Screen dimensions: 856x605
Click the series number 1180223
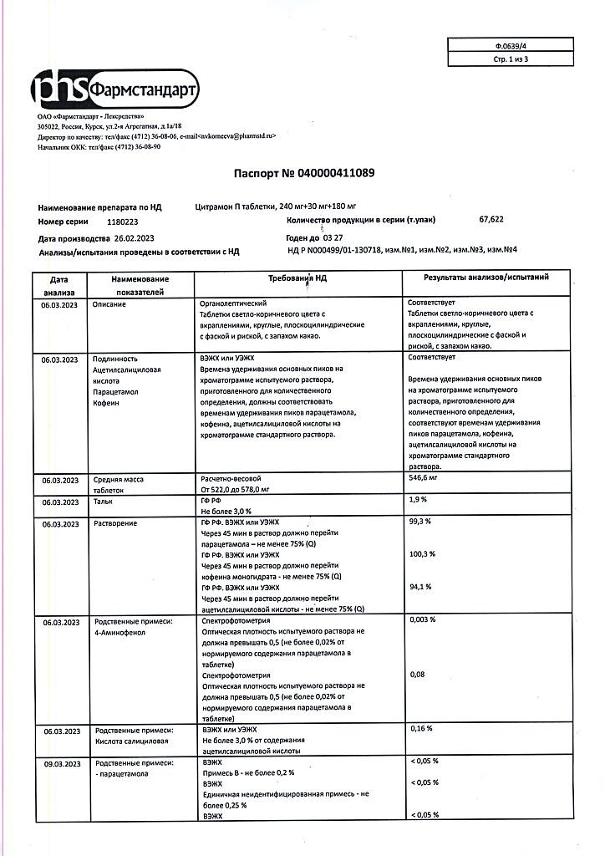tap(123, 222)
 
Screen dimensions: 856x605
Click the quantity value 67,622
tap(491, 220)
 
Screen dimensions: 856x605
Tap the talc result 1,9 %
tap(418, 499)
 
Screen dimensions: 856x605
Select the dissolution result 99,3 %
tap(419, 522)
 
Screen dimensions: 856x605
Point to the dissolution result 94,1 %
tap(419, 587)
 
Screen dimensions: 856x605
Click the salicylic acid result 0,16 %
tap(420, 729)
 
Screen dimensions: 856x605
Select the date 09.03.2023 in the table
tap(59, 762)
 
